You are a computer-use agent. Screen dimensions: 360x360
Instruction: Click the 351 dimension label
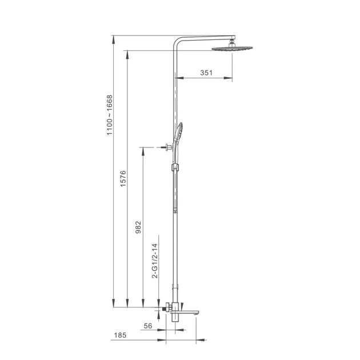click(206, 73)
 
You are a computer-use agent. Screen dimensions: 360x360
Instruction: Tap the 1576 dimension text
click(123, 179)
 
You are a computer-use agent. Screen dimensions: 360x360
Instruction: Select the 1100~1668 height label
click(110, 115)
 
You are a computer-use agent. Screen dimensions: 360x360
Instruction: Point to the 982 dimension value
click(138, 227)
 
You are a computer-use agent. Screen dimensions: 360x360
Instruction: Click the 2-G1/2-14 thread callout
click(155, 261)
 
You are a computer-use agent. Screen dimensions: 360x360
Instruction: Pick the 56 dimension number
click(148, 326)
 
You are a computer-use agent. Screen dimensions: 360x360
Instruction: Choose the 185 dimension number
click(120, 335)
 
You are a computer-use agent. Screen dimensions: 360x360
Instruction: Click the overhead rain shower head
click(232, 49)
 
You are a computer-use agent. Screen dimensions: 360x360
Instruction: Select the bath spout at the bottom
click(185, 312)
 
